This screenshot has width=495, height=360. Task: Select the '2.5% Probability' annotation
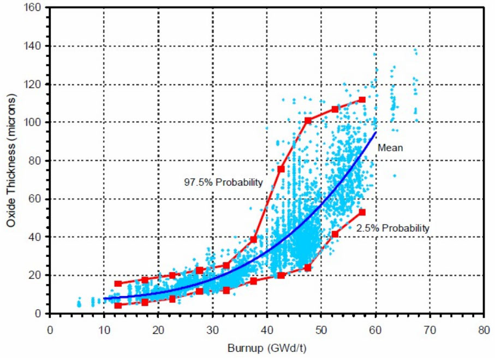(392, 228)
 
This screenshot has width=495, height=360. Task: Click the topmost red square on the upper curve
(362, 100)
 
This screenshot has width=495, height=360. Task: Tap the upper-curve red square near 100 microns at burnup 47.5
(308, 120)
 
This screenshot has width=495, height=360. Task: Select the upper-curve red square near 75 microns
(281, 169)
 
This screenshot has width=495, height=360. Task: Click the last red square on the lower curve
(362, 212)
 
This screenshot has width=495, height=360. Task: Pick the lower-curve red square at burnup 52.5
(335, 234)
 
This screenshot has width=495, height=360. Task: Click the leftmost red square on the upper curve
(118, 284)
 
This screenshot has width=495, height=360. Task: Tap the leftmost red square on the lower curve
(118, 305)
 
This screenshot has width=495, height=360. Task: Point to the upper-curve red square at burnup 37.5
(254, 239)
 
